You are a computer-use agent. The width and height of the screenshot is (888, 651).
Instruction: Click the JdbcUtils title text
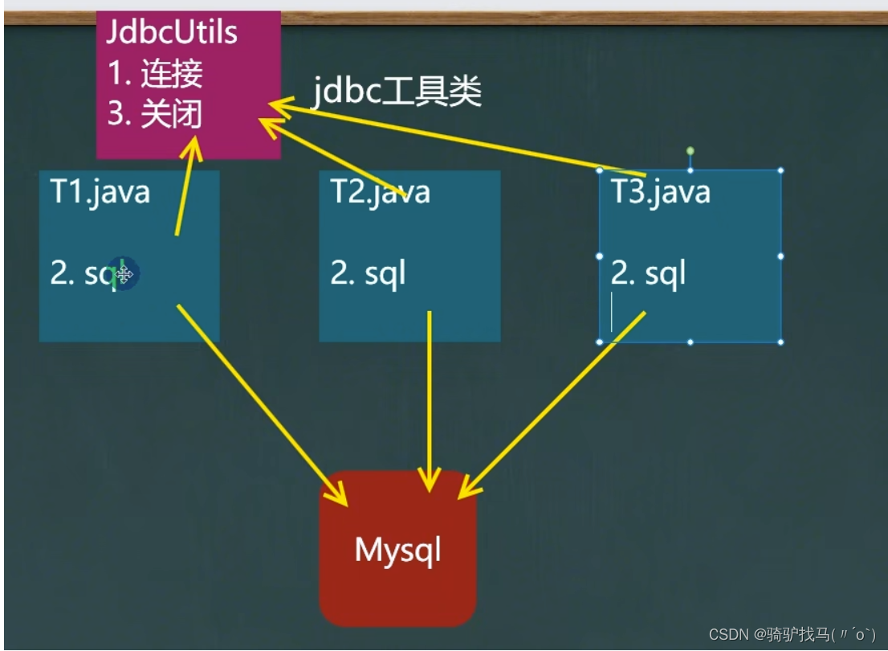pos(172,33)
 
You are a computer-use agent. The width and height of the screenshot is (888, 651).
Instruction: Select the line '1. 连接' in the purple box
pos(154,74)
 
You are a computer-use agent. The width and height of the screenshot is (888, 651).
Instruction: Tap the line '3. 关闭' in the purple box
pos(154,114)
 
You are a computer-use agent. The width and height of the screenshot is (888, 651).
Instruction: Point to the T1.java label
pos(100,193)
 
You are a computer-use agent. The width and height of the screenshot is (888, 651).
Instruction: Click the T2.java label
pos(380,193)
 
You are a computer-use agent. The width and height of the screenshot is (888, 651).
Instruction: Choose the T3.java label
pos(660,193)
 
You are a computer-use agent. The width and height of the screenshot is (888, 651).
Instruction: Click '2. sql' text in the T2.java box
pos(368,274)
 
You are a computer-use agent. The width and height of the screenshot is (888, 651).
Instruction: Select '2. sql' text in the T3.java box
pos(648,274)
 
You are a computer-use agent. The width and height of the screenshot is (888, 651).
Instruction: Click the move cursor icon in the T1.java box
pos(124,275)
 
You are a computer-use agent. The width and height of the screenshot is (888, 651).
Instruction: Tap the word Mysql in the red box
pos(397,551)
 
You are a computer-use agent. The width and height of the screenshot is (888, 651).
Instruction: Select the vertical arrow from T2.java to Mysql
pos(430,402)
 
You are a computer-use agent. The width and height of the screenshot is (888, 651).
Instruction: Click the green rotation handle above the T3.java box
pos(690,151)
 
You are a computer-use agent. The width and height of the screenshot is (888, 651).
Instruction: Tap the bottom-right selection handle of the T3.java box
pos(780,342)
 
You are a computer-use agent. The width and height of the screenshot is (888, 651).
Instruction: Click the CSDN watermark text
pos(792,634)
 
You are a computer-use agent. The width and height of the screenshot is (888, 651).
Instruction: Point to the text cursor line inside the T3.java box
pos(612,313)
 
